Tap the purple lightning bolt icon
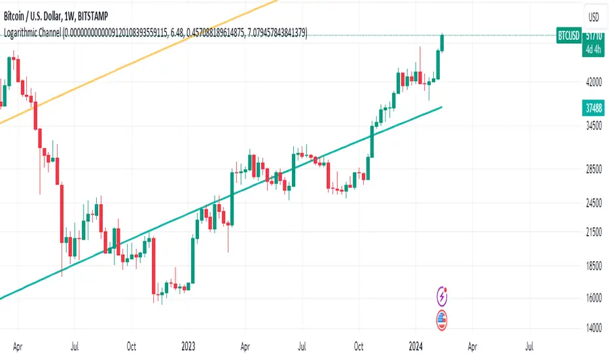pyautogui.click(x=442, y=297)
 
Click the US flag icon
pyautogui.click(x=442, y=319)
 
